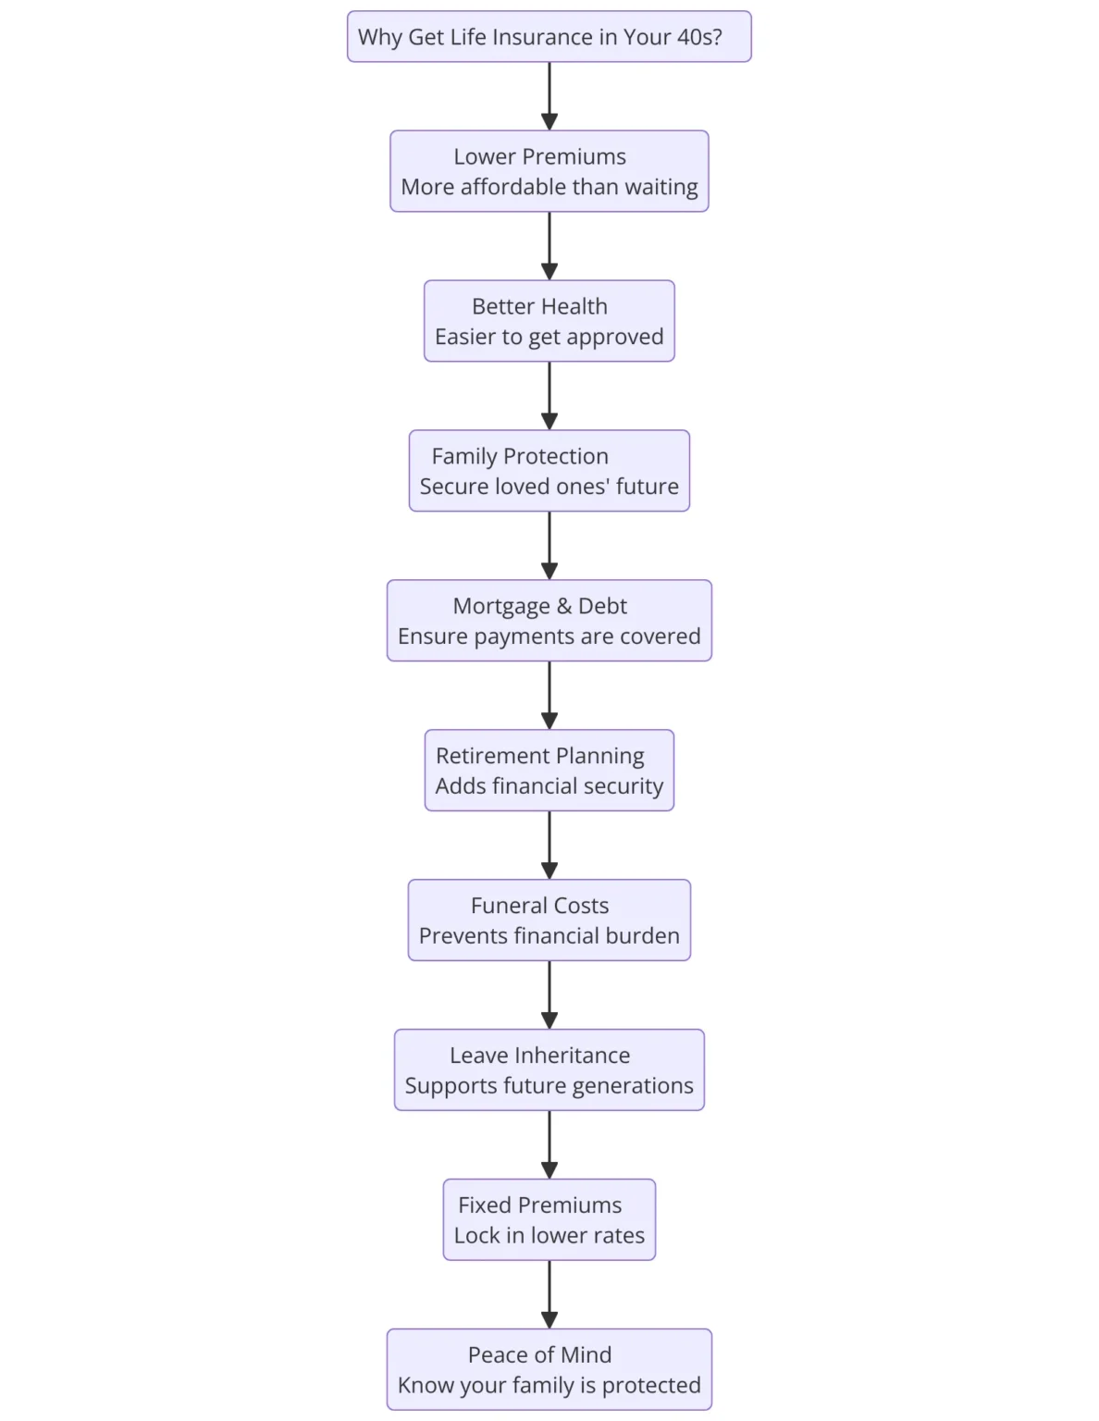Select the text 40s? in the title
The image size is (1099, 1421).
699,37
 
